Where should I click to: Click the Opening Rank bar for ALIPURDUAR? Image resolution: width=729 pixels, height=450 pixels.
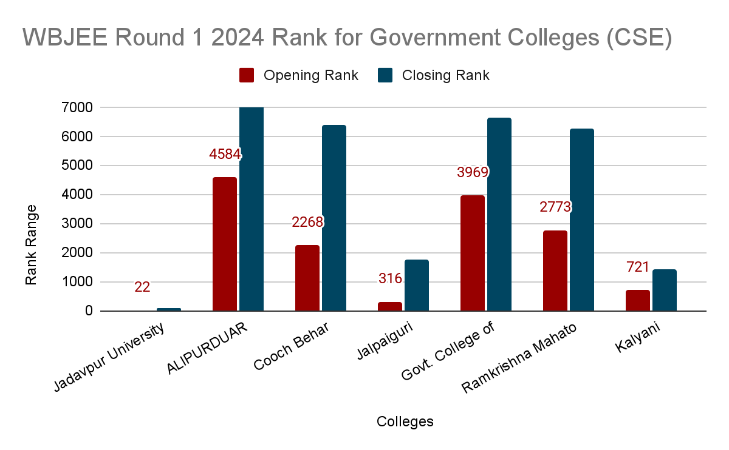coord(225,244)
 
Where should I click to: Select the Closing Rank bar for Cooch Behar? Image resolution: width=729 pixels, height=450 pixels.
coord(334,218)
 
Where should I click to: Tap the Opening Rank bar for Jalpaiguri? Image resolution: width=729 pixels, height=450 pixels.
coord(389,306)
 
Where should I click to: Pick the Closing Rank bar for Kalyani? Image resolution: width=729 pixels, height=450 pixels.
coord(664,290)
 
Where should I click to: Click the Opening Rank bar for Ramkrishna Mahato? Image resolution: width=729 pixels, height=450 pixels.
coord(555,270)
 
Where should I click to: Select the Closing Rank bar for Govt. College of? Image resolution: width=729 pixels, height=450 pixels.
coord(499,214)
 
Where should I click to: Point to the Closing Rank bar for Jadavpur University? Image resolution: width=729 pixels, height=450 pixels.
coord(169,309)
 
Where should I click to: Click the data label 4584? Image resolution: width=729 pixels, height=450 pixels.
coord(225,154)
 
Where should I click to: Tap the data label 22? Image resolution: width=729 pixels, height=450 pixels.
coord(142,287)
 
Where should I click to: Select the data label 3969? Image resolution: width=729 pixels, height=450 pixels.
coord(473,172)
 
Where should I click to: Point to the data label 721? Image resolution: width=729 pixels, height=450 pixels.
coord(638,267)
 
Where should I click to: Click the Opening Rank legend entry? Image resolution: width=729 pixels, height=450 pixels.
coord(299,75)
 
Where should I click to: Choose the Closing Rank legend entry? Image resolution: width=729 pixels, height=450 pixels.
coord(434,75)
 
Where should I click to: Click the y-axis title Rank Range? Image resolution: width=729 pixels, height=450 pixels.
coord(31,245)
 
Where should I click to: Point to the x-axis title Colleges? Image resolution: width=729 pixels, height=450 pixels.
coord(405,421)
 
